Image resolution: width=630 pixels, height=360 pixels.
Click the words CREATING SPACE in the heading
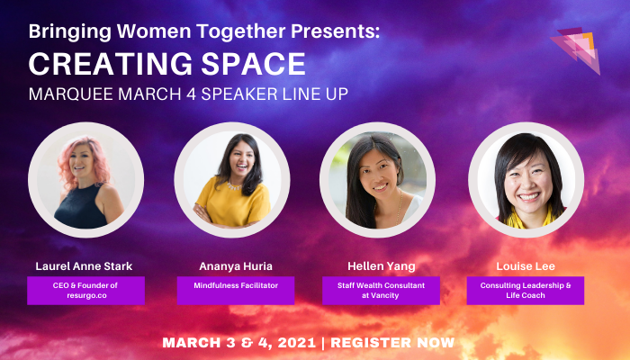click(167, 65)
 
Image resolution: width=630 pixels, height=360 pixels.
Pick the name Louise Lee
click(525, 266)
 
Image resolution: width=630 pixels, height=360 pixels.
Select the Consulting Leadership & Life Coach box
click(525, 291)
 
